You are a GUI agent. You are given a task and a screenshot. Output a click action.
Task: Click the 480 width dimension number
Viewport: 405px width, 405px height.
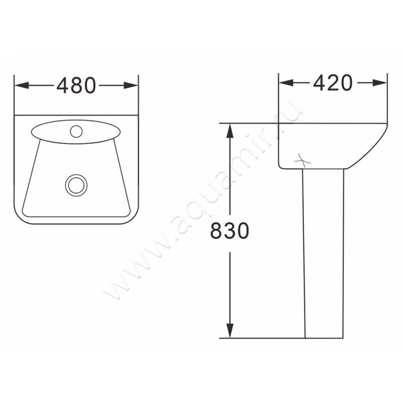(76, 86)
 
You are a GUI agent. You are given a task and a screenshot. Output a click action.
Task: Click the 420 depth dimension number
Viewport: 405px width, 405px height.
(333, 83)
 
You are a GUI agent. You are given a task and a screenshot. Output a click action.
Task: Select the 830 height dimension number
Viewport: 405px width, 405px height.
(230, 231)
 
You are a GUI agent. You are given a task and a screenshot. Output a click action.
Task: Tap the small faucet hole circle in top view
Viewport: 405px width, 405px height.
(76, 131)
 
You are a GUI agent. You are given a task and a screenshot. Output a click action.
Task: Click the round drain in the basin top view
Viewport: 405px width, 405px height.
(76, 185)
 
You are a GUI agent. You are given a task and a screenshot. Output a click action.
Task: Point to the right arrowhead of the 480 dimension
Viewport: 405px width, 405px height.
(131, 86)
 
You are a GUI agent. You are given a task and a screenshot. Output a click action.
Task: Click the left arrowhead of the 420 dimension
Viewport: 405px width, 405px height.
(286, 83)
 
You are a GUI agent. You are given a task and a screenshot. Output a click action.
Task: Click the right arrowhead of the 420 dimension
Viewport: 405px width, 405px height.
(380, 83)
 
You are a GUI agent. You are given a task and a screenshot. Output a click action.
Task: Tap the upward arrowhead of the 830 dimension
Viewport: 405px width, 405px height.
(230, 131)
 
